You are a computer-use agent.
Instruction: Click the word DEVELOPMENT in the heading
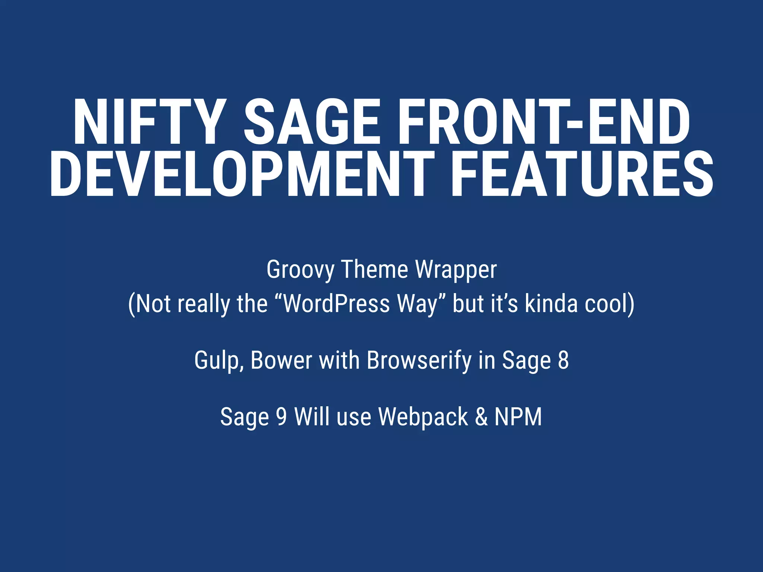(x=242, y=174)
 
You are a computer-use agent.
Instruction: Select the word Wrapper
(x=456, y=270)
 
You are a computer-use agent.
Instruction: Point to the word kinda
(x=551, y=304)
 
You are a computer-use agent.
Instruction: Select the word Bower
(x=281, y=360)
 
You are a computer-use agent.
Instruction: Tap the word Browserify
(x=419, y=360)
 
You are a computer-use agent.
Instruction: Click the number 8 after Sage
(x=563, y=360)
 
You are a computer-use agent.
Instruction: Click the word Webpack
(x=423, y=416)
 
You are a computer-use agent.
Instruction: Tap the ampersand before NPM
(x=481, y=416)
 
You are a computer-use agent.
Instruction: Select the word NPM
(x=518, y=416)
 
